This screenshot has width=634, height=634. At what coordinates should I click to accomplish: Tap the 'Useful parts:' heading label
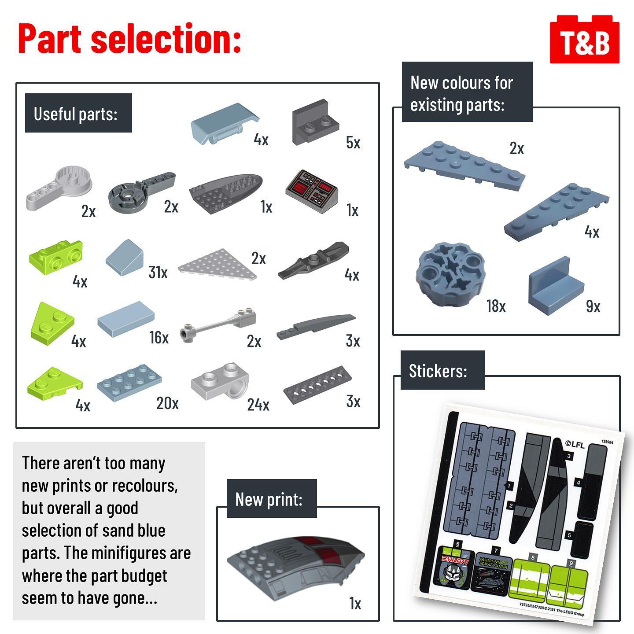(x=76, y=114)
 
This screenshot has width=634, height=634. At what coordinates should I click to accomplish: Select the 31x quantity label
(x=158, y=273)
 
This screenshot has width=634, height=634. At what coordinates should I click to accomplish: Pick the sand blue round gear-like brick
(x=446, y=274)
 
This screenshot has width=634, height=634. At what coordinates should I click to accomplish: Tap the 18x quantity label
(x=496, y=306)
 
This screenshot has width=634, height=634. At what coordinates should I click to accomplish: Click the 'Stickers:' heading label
(x=438, y=371)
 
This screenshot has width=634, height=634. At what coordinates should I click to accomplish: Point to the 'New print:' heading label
(x=269, y=499)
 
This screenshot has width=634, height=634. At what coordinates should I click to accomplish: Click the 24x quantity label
(x=258, y=405)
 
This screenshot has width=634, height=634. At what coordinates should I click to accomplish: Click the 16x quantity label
(x=159, y=338)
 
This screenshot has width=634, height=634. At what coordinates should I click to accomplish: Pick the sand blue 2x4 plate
(x=129, y=381)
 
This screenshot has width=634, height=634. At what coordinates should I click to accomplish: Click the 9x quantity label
(x=593, y=306)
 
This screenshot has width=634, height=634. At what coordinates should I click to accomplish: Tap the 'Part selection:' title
(x=129, y=39)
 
